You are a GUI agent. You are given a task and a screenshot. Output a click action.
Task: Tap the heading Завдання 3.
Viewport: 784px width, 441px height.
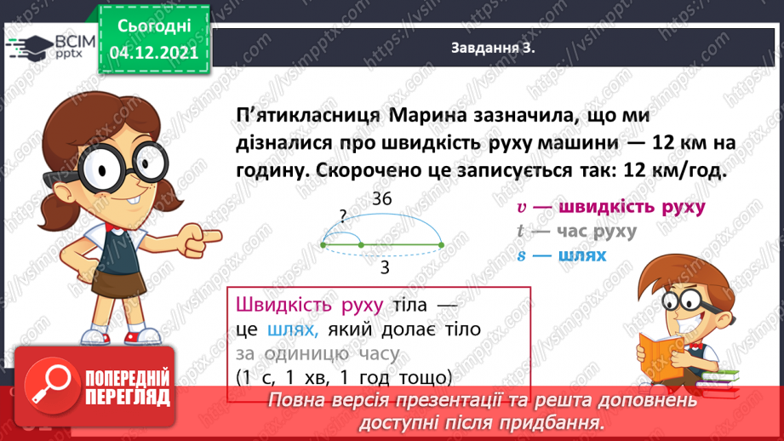(493, 49)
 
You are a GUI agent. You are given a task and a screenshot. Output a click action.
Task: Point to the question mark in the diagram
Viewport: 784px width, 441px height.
(342, 218)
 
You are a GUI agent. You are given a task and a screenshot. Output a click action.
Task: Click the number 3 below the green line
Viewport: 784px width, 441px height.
(385, 268)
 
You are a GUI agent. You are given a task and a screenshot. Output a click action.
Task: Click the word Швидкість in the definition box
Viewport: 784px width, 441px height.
(277, 304)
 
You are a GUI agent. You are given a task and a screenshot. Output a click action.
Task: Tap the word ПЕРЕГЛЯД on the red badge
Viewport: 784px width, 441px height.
(123, 396)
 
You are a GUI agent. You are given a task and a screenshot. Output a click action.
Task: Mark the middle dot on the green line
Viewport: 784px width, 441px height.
(361, 245)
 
